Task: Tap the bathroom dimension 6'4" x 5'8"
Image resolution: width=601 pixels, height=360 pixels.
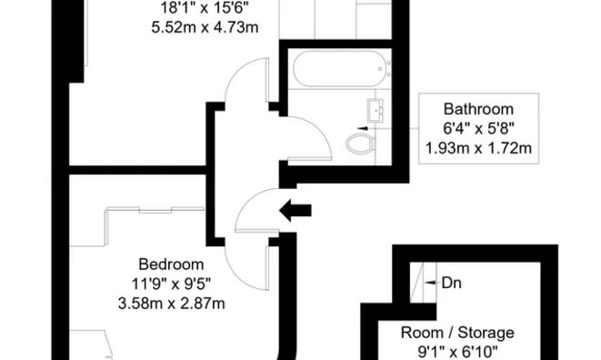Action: tap(478, 128)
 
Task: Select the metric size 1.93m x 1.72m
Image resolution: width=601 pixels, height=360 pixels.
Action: tap(478, 147)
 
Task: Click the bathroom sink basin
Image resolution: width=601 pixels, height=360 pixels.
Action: tap(378, 110)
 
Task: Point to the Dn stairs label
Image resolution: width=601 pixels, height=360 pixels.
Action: tap(451, 283)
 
